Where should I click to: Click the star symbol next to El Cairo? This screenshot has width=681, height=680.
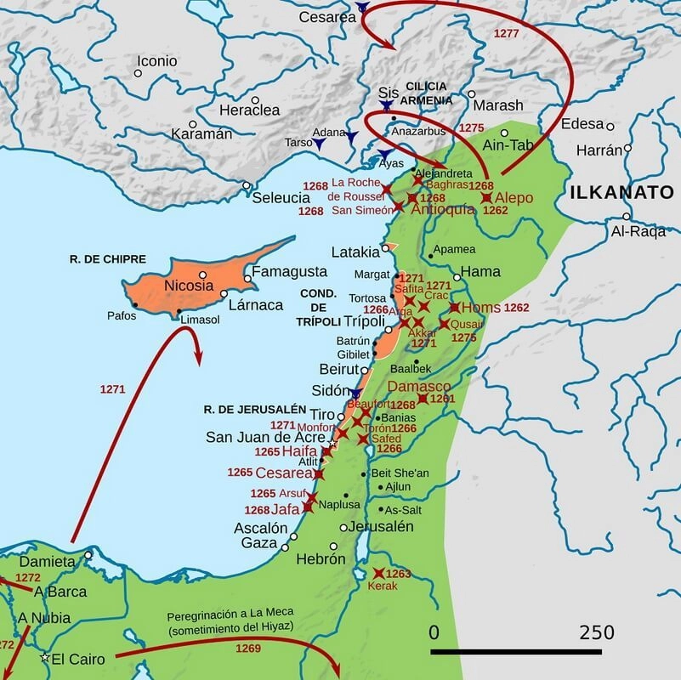(44, 658)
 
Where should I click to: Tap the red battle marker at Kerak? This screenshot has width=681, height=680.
(378, 574)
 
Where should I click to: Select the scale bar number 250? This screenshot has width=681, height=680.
(597, 633)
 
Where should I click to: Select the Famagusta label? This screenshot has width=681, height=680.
(287, 272)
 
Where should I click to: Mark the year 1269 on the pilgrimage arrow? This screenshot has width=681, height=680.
(249, 648)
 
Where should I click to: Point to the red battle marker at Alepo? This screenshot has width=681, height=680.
(486, 198)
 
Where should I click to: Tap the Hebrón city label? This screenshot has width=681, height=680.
(321, 559)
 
